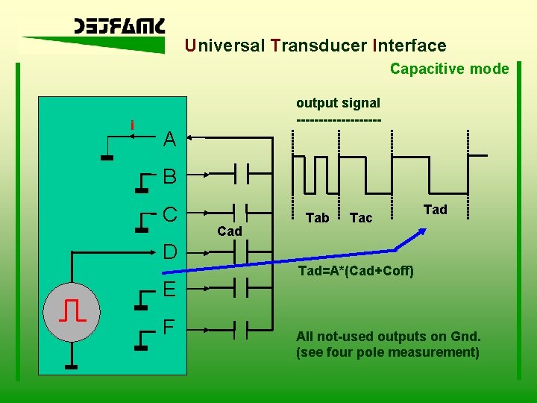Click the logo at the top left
click(119, 28)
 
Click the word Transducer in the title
click(318, 46)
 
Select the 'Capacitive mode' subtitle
click(449, 69)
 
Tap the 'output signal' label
click(338, 103)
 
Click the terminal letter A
click(169, 139)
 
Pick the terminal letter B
click(169, 177)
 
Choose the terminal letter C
click(169, 215)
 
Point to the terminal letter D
click(169, 252)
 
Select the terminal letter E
click(169, 289)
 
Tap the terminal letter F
click(169, 327)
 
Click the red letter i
click(132, 125)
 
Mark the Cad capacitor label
click(229, 231)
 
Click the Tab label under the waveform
click(317, 218)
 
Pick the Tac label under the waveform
click(361, 218)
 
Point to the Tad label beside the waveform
click(435, 210)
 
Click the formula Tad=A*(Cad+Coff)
click(356, 270)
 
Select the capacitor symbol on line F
click(242, 327)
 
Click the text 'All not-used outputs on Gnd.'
click(388, 336)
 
